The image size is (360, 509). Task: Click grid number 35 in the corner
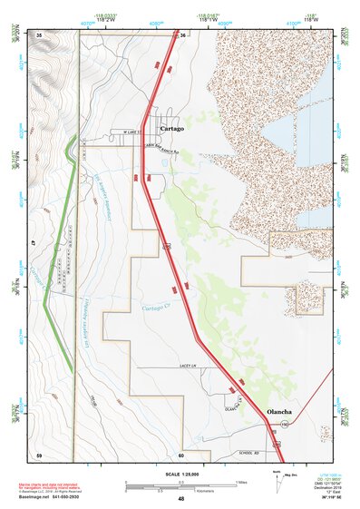pyautogui.click(x=39, y=34)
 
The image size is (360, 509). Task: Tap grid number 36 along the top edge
pyautogui.click(x=181, y=34)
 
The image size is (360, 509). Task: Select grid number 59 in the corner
pyautogui.click(x=39, y=454)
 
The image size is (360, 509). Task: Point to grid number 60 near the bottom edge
pyautogui.click(x=181, y=454)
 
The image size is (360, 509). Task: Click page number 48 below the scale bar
pyautogui.click(x=180, y=499)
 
